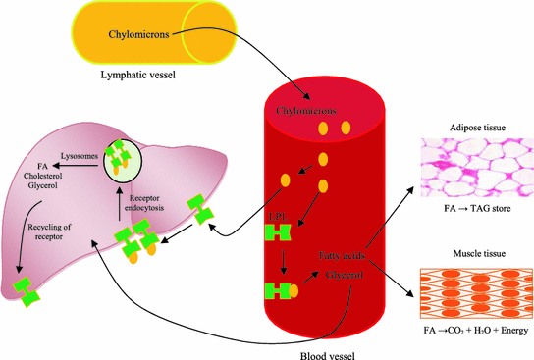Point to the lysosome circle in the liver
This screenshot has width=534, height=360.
(x=126, y=161)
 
